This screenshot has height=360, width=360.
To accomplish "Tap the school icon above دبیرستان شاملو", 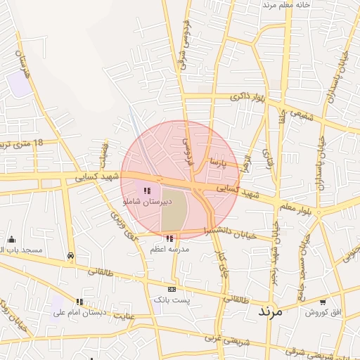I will (x=146, y=191).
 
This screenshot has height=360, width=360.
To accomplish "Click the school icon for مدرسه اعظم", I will (x=169, y=238).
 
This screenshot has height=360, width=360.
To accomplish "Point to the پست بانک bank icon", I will (x=172, y=289).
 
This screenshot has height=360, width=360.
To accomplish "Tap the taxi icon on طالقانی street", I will (x=70, y=256).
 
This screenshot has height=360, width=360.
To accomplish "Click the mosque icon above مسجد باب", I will (x=11, y=240).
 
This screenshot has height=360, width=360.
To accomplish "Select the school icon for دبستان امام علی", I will (x=79, y=302).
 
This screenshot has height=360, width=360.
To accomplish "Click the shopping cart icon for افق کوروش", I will (x=322, y=302).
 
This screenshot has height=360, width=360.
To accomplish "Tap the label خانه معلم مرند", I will (x=287, y=5).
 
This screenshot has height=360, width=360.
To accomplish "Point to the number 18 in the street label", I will (x=37, y=143).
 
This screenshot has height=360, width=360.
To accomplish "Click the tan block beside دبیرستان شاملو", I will (x=174, y=210).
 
